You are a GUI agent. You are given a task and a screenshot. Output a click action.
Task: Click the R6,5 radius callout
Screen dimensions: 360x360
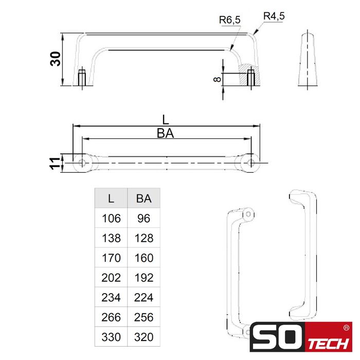[x=229, y=21]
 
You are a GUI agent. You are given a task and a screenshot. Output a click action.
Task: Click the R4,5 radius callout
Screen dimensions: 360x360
[x=274, y=16]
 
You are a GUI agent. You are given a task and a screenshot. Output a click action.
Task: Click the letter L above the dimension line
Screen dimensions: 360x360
[x=165, y=120]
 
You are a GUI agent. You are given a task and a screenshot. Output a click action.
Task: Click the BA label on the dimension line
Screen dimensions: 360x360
[x=165, y=134]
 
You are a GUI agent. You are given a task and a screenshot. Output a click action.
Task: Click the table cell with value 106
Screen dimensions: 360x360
[x=111, y=219]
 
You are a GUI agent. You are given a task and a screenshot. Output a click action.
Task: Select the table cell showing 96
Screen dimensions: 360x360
[x=143, y=219]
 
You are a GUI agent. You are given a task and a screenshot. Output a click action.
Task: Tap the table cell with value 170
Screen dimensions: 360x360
[x=111, y=258]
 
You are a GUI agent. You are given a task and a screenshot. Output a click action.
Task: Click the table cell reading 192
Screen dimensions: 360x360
[x=143, y=278]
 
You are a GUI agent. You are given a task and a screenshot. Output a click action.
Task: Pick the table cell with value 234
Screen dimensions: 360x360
[x=111, y=298]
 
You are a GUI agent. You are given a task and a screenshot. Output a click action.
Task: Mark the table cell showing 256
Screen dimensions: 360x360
[x=143, y=317]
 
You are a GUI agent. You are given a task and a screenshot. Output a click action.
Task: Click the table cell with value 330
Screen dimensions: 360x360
[x=111, y=337]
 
